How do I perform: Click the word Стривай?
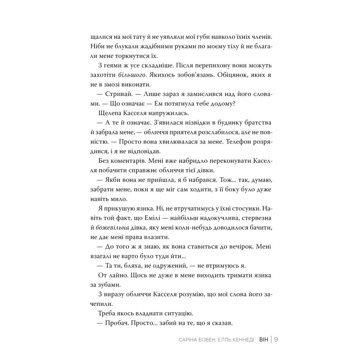click(x=118, y=95)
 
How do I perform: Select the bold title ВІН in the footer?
click(x=263, y=340)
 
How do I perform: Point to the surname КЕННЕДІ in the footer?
click(x=239, y=340)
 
